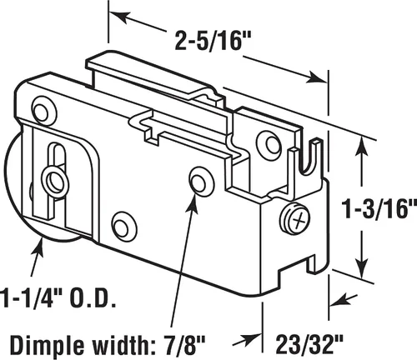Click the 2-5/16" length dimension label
(214, 42)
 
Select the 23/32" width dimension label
(309, 344)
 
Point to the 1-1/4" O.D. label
(57, 298)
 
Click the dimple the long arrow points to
(202, 179)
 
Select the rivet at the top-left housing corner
(44, 111)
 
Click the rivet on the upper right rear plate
(269, 143)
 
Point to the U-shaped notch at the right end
(311, 158)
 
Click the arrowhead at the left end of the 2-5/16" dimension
(120, 17)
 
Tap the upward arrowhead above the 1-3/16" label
(362, 148)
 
